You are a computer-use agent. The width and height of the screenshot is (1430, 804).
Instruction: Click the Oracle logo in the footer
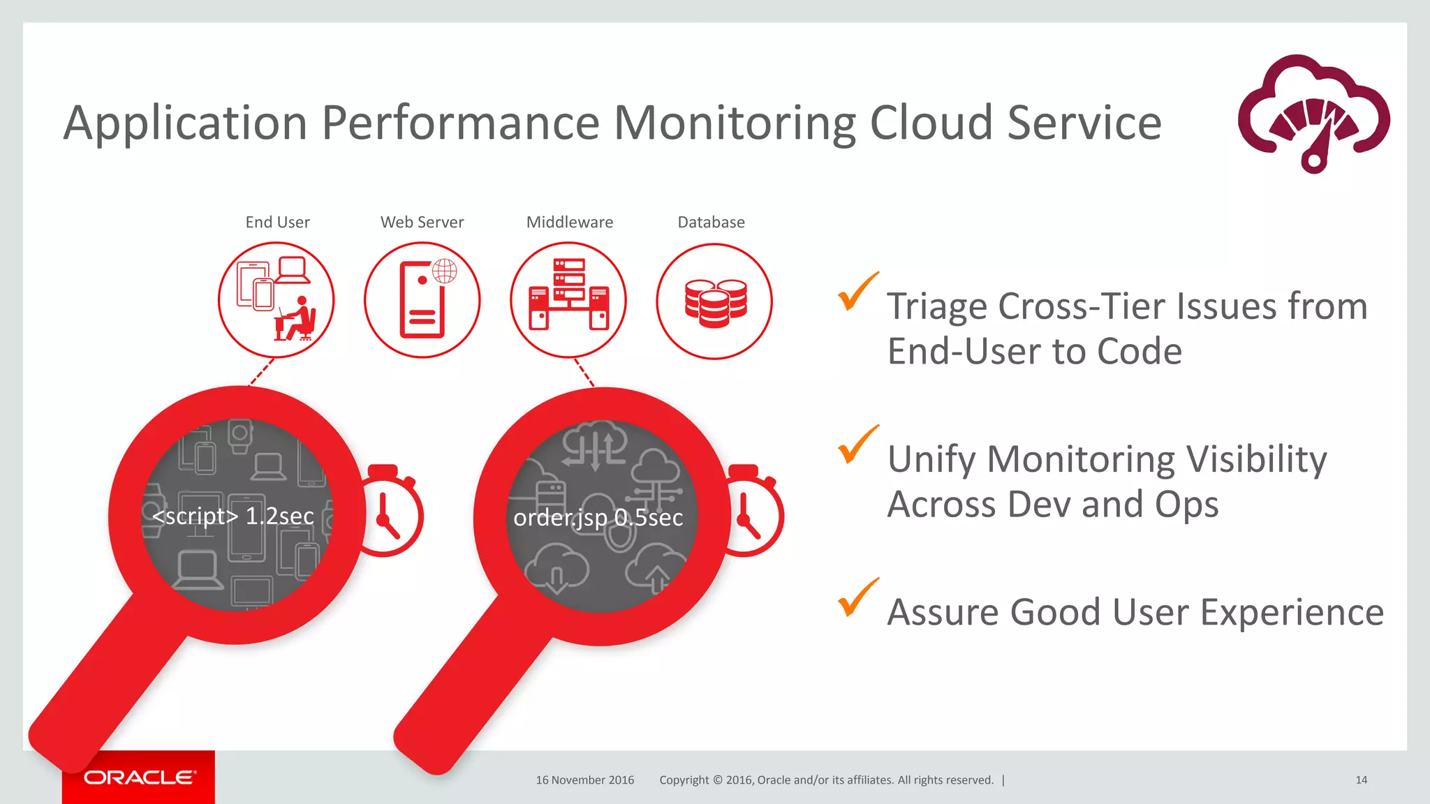pyautogui.click(x=140, y=777)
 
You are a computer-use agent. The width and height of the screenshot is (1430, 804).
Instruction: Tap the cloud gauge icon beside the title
pyautogui.click(x=1313, y=114)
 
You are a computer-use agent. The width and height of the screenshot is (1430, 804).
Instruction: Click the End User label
pyautogui.click(x=277, y=222)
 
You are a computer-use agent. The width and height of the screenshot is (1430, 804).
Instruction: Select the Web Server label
pyautogui.click(x=422, y=222)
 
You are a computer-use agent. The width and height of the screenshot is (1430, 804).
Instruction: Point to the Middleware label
pyautogui.click(x=569, y=222)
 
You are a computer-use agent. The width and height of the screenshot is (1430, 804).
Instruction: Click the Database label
pyautogui.click(x=711, y=222)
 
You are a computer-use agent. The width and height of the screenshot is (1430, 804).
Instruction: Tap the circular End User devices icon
pyautogui.click(x=277, y=300)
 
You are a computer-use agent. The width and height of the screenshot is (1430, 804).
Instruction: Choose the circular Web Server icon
pyautogui.click(x=422, y=300)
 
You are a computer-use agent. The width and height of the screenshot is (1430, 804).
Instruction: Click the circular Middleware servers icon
pyautogui.click(x=568, y=300)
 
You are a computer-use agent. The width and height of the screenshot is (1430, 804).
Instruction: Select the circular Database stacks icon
pyautogui.click(x=714, y=301)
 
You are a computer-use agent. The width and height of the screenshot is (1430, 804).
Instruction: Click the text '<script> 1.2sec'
pyautogui.click(x=233, y=516)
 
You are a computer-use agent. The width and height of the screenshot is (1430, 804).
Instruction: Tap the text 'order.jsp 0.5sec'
pyautogui.click(x=598, y=517)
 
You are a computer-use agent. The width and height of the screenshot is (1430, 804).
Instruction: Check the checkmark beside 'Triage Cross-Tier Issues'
pyautogui.click(x=857, y=292)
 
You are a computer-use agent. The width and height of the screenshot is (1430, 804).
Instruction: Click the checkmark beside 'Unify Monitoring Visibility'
pyautogui.click(x=857, y=445)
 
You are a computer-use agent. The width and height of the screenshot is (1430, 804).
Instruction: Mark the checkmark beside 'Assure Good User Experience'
pyautogui.click(x=857, y=598)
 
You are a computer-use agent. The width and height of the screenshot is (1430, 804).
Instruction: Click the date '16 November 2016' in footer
pyautogui.click(x=584, y=780)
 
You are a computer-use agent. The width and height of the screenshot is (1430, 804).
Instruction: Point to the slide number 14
pyautogui.click(x=1361, y=780)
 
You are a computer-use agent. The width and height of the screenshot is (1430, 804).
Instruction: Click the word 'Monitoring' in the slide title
pyautogui.click(x=734, y=123)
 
